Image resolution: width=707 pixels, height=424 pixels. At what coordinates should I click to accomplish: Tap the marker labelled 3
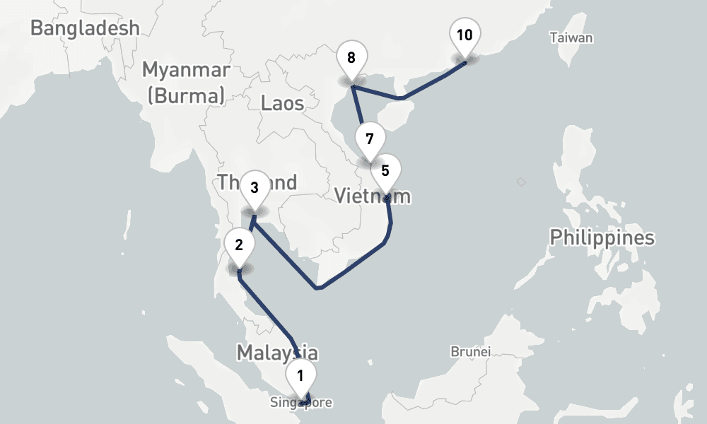tap(254, 188)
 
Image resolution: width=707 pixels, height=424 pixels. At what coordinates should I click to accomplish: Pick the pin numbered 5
tap(385, 171)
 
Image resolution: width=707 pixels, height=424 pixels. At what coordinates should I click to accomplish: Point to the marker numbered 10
tap(464, 35)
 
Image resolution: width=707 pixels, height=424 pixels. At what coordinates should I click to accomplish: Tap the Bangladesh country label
tap(85, 28)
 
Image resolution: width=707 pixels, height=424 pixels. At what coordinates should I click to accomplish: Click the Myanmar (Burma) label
tap(186, 82)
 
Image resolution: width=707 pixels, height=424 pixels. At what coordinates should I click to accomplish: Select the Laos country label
tap(282, 103)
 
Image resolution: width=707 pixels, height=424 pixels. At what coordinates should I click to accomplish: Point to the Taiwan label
tap(571, 38)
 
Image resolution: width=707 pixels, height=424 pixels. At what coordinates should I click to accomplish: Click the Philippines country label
tap(602, 237)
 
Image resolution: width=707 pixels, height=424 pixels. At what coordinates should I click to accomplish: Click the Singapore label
tap(300, 403)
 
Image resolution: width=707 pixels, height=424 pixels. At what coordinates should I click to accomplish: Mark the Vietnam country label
tap(372, 195)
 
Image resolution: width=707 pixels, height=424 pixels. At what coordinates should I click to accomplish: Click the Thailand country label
tap(257, 183)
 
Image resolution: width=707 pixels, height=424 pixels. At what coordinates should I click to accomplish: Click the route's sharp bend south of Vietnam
tap(318, 288)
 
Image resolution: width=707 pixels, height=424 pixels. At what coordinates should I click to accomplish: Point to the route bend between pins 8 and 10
tap(401, 98)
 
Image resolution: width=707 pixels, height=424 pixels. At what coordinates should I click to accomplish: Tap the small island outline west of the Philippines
tap(521, 182)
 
